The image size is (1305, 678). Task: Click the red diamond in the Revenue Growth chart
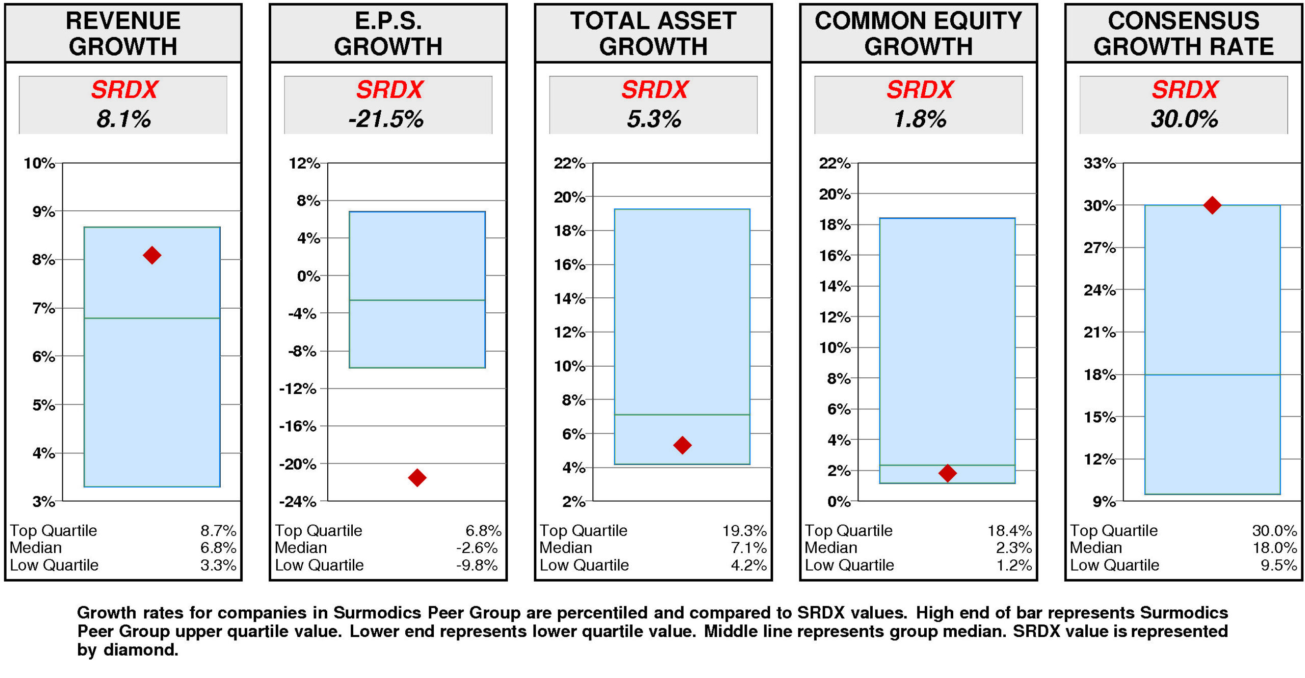pos(152,255)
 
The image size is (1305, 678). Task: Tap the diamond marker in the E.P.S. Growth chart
pos(417,477)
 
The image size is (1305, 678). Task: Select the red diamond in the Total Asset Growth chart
pos(682,445)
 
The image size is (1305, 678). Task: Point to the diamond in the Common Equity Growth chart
pos(947,473)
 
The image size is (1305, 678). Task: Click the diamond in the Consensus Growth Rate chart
pos(1212,205)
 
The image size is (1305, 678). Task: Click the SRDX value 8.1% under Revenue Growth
pos(123,119)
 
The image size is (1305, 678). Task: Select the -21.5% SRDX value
pos(386,119)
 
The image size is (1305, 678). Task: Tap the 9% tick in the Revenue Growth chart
pos(43,211)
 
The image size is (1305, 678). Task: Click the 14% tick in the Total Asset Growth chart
pos(569,299)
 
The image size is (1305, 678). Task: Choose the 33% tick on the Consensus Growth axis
pos(1100,164)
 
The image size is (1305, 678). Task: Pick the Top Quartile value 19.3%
pos(744,530)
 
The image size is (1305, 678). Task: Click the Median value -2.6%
pos(476,548)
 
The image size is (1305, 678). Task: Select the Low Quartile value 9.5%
pos(1278,565)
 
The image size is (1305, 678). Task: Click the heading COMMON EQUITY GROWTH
pos(918,34)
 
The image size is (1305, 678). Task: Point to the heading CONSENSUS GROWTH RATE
pos(1183,34)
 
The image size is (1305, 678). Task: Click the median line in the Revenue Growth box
pos(152,318)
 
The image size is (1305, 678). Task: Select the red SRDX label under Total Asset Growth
pos(655,90)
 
